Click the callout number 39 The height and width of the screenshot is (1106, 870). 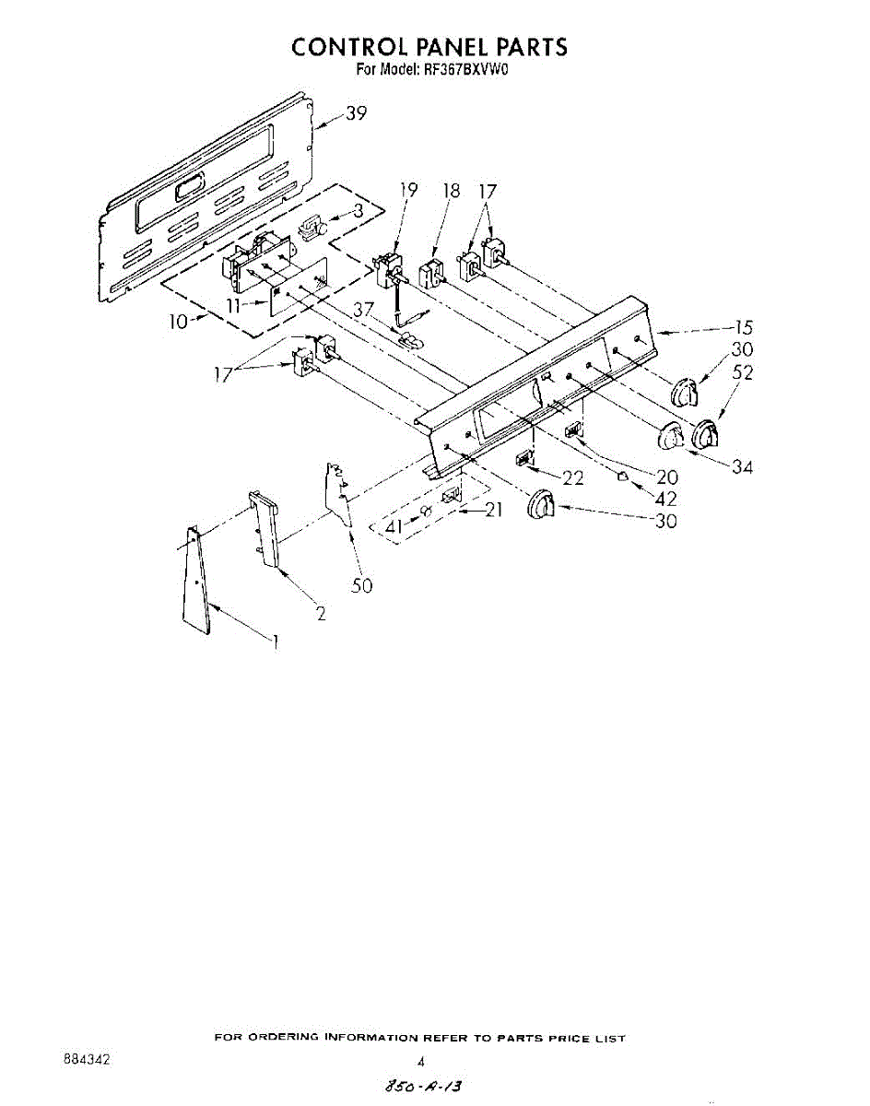coord(357,114)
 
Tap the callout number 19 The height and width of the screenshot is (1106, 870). coord(408,191)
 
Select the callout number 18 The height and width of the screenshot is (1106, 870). coord(451,191)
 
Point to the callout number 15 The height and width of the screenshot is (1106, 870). coord(743,326)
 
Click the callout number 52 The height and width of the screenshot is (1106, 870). coord(743,372)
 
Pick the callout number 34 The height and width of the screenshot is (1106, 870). coord(742,467)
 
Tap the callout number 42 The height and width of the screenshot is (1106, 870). coord(664,499)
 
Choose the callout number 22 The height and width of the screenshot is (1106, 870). coord(572,477)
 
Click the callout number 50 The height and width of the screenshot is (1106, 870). coord(362,585)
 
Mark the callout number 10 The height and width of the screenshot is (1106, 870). coord(180,321)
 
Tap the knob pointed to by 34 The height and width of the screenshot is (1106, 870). coord(670,437)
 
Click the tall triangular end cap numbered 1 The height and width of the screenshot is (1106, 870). coord(196,581)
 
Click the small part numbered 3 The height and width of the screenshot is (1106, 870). coord(314,227)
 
